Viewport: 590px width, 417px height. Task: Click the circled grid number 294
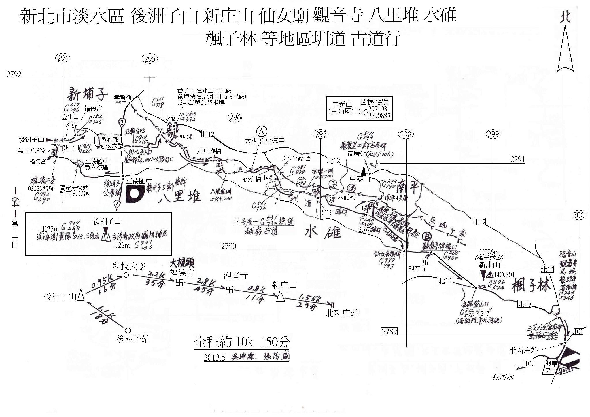(63, 58)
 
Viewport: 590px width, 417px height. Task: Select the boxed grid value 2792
(14, 75)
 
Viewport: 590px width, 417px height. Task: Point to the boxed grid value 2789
(389, 331)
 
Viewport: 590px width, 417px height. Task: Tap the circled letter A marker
(262, 131)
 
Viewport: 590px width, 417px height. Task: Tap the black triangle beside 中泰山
(364, 171)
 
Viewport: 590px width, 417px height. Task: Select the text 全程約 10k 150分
(242, 342)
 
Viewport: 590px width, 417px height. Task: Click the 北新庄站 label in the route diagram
(342, 313)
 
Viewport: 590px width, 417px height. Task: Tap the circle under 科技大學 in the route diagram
(126, 275)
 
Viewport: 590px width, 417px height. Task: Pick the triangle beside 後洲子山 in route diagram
(81, 295)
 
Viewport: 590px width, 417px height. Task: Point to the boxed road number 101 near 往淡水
(530, 363)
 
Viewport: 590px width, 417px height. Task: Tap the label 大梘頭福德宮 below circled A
(264, 141)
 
